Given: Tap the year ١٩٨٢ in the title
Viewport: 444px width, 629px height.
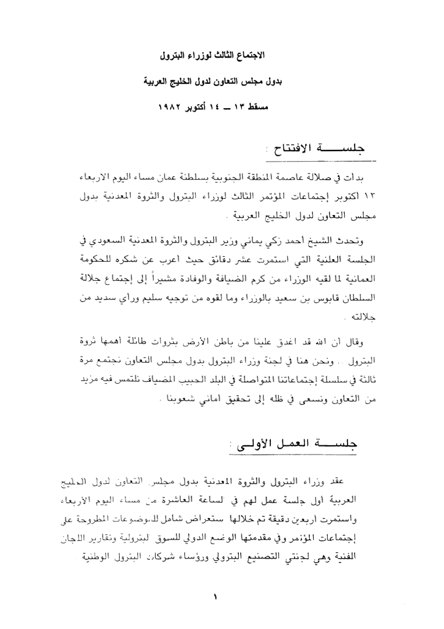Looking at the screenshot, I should tap(170, 109).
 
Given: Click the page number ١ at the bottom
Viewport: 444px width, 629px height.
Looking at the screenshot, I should tap(215, 596).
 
